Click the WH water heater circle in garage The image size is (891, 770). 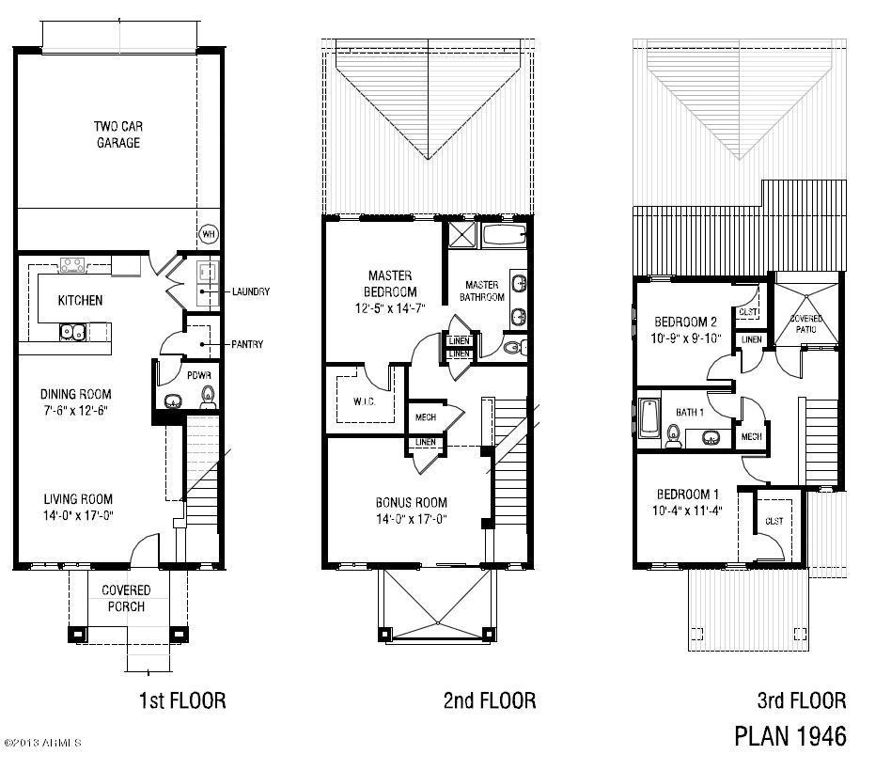[208, 233]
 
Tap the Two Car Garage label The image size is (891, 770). [117, 134]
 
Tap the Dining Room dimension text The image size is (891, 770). [75, 411]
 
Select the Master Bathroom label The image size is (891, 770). [482, 291]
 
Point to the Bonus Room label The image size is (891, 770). [411, 502]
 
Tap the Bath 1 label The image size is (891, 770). [690, 412]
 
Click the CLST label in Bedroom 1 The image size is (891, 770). [774, 521]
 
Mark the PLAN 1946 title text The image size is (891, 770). [789, 734]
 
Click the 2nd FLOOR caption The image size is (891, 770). [489, 700]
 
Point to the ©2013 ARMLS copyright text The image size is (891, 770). [42, 743]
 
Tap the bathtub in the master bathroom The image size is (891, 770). [505, 234]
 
